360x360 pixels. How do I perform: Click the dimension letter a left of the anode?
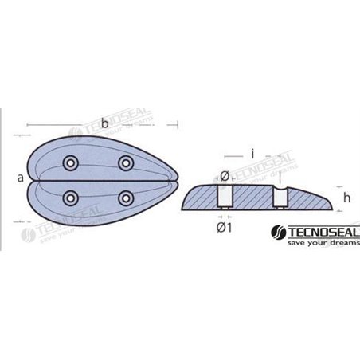(x=19, y=178)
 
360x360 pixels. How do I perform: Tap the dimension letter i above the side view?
(x=252, y=151)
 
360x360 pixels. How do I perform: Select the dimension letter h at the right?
(x=347, y=198)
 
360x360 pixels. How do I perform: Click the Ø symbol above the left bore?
(x=225, y=175)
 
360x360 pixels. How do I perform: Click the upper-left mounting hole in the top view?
(x=72, y=162)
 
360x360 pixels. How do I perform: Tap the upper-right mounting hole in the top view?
(x=125, y=162)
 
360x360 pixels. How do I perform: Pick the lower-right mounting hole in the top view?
(x=125, y=197)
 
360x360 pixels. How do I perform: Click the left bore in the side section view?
(x=224, y=197)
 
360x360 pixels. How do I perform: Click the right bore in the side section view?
(x=280, y=197)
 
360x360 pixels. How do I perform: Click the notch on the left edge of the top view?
(x=29, y=178)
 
